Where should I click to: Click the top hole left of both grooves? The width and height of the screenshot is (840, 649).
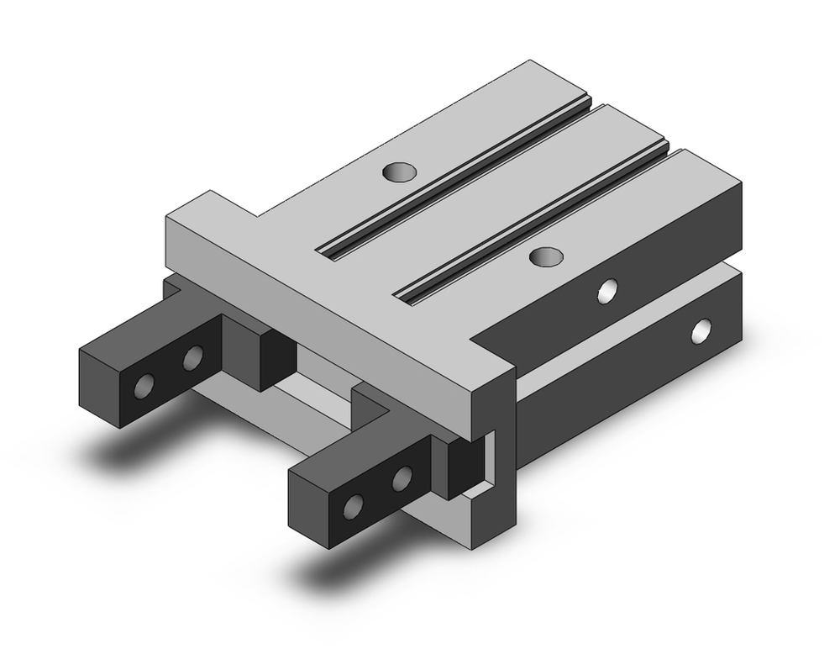(x=399, y=173)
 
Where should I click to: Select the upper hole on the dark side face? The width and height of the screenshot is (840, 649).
(x=606, y=291)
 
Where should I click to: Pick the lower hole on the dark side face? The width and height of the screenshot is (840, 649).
(x=700, y=331)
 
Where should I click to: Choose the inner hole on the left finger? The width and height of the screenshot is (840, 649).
(x=192, y=359)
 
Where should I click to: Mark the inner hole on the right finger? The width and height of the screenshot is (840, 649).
(x=402, y=479)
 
